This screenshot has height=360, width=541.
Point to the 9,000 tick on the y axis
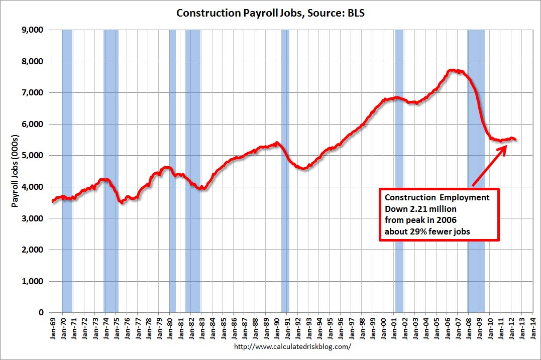(35, 30)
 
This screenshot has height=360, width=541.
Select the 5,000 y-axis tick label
(35, 156)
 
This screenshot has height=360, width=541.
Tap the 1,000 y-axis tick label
(35, 281)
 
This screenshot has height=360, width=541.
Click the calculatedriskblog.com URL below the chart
(292, 347)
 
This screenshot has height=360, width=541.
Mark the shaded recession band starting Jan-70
(67, 171)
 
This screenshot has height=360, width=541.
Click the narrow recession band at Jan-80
(172, 171)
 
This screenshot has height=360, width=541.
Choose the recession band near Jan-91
(285, 171)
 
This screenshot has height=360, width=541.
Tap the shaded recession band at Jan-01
(399, 171)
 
